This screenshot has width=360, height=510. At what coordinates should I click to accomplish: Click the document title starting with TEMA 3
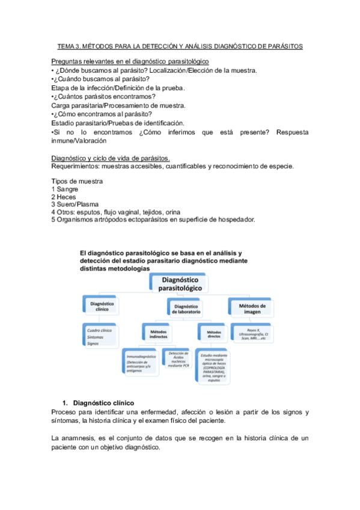point(180,46)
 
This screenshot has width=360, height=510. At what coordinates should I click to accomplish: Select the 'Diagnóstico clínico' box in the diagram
point(102,307)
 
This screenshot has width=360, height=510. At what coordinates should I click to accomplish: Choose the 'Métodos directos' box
point(214,332)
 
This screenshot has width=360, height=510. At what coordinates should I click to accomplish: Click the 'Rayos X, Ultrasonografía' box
point(252,332)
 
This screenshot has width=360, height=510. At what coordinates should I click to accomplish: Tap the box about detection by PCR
point(178,358)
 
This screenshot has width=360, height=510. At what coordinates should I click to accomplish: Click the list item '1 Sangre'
point(66,189)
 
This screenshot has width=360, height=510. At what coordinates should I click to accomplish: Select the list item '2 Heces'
point(65,197)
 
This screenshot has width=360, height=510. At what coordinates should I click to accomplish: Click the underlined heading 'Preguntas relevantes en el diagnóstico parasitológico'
point(130,62)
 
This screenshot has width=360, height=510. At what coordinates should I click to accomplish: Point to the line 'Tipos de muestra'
point(77,181)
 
